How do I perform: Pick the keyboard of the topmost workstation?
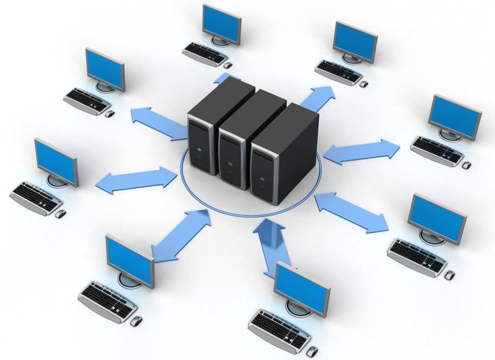click(205, 53)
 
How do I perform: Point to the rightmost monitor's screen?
click(455, 117)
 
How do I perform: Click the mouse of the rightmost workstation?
click(466, 166)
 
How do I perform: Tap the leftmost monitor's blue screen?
click(55, 161)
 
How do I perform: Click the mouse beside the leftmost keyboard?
click(61, 214)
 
